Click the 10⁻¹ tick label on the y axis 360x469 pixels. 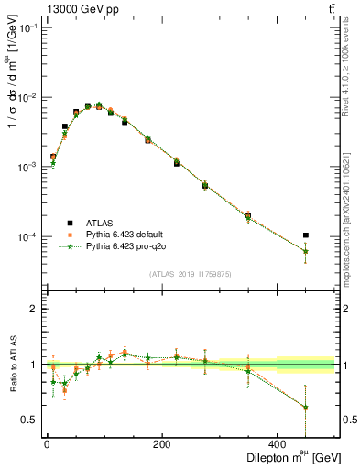click(28, 27)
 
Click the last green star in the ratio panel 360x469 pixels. click(305, 408)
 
